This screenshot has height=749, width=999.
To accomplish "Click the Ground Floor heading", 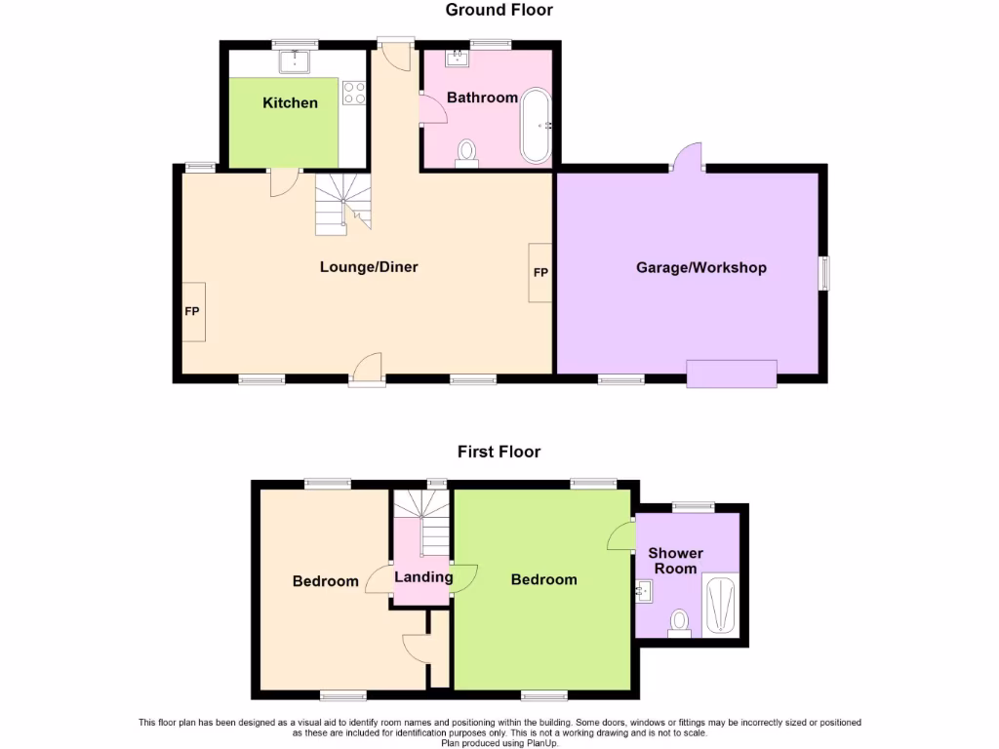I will pos(499,11).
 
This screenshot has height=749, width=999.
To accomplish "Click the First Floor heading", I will pos(499,452).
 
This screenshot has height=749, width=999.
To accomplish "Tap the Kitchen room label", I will pos(290,102).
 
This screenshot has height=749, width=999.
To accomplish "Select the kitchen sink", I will pos(294,62).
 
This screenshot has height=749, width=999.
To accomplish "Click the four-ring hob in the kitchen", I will pos(354,93).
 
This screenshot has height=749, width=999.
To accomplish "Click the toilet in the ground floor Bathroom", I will pos(467,153).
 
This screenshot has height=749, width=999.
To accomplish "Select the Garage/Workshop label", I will pos(700,267).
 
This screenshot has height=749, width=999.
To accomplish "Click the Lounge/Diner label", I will pos(369,266).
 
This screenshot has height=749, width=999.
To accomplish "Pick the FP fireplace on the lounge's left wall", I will pos(193,312).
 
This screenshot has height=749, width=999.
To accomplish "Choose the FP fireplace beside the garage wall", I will pos(540,272).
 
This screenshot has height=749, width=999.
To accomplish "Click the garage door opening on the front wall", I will pos(732,374).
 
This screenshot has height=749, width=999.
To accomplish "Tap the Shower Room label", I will pos(675,561).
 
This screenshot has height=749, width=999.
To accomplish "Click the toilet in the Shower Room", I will pos(680,621).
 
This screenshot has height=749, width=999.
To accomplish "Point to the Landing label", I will pos(423,576).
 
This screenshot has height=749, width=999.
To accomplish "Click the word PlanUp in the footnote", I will pos(542,743).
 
